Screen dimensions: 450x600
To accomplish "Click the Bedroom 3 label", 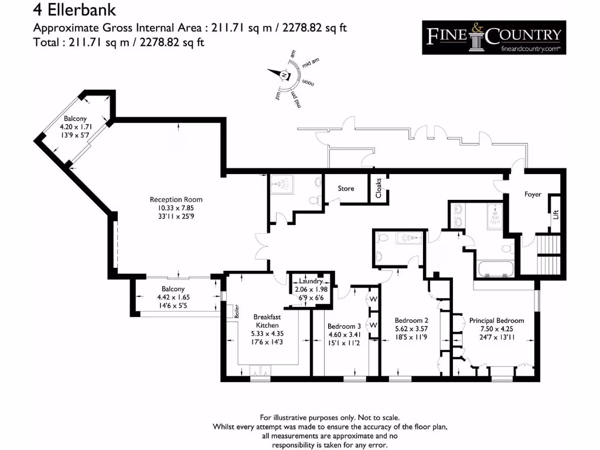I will click(x=344, y=326).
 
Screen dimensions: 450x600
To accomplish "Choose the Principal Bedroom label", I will click(x=496, y=321).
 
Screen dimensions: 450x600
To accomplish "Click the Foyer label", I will click(x=533, y=195).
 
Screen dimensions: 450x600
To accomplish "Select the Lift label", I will click(x=555, y=215).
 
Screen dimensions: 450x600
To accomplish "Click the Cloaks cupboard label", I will click(x=379, y=187).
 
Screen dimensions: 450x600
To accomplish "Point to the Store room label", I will click(x=346, y=189).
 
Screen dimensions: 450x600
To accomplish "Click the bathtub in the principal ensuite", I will click(x=496, y=270).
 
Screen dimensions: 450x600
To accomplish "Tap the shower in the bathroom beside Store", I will click(x=284, y=186).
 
